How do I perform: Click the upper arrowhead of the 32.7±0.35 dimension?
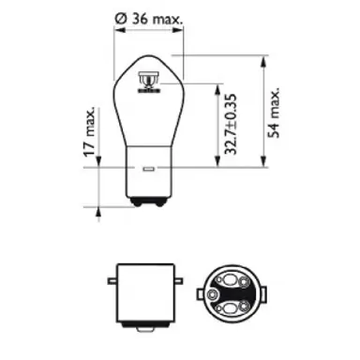(222, 87)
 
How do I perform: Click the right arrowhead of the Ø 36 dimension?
(180, 31)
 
